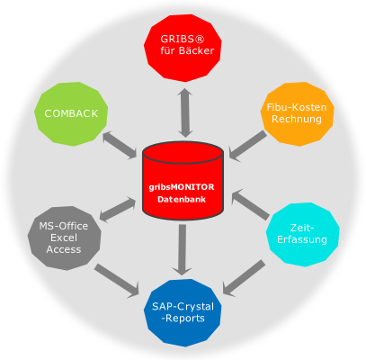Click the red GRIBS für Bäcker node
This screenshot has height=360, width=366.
tap(183, 48)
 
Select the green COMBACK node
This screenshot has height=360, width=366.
tap(71, 114)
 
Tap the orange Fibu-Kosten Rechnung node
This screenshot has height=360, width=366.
tap(297, 113)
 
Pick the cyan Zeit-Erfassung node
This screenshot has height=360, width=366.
tap(302, 234)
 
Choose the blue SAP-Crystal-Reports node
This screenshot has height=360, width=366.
tap(183, 313)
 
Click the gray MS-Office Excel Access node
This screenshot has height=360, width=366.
tap(64, 238)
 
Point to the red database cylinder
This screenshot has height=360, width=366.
tap(183, 181)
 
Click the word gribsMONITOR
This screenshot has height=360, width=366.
tap(182, 187)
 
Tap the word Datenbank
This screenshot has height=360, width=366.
tap(182, 200)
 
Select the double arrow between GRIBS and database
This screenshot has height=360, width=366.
tap(184, 113)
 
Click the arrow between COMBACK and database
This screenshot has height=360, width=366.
tap(120, 145)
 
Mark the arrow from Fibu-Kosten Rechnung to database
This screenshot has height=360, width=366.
tap(247, 146)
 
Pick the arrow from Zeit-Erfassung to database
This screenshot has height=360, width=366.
tap(250, 204)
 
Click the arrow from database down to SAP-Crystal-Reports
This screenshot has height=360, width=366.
tap(182, 250)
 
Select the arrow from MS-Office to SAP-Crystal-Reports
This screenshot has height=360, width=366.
tap(117, 281)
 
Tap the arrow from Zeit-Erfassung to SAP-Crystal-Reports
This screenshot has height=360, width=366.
tap(244, 278)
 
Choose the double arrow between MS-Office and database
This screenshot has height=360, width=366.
tap(118, 209)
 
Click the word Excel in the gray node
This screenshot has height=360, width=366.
tap(64, 238)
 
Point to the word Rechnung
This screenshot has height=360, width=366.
tap(297, 119)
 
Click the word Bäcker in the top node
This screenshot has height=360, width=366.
tap(196, 50)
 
